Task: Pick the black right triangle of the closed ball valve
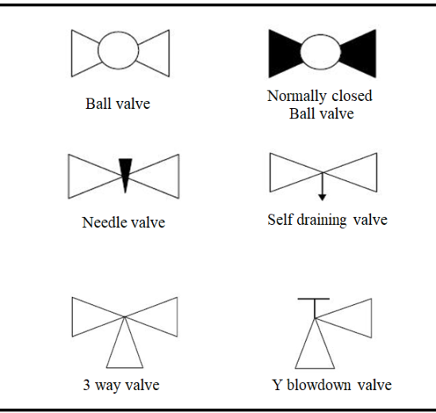(x=360, y=53)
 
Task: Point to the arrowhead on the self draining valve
(x=322, y=197)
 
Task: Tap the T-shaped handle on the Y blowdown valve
(x=314, y=299)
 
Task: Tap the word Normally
(x=296, y=96)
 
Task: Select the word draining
(x=322, y=220)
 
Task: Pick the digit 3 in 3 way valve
(x=86, y=385)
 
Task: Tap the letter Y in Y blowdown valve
(x=277, y=385)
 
